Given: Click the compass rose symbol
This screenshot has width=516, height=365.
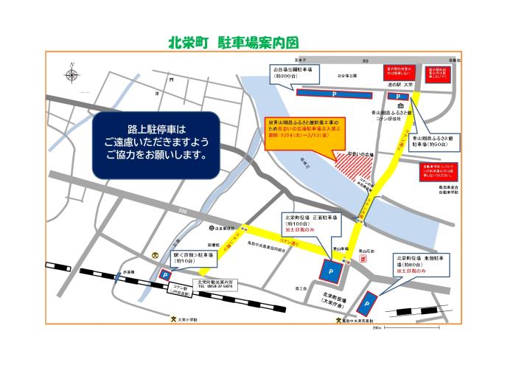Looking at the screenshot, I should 72,74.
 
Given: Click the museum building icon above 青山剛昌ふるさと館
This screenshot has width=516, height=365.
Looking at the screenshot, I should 388,107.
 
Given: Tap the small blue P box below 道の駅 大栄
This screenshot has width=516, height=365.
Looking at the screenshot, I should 398,97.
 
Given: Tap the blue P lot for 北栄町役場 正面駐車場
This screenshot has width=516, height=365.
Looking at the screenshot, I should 331,271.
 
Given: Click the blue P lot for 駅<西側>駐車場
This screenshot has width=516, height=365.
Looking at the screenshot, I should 164,276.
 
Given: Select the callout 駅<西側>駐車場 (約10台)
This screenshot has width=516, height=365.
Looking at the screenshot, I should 184,258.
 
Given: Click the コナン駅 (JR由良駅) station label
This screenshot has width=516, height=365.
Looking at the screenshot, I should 180,290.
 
